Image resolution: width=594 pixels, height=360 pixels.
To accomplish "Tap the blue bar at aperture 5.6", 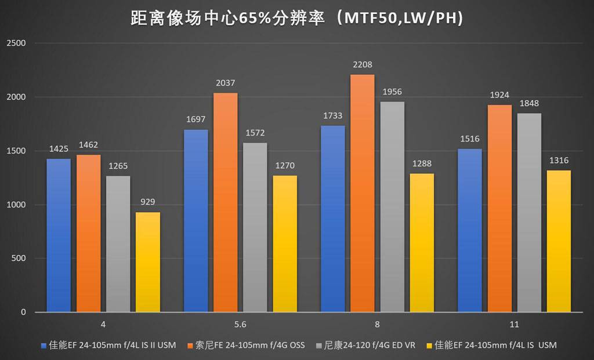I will tap(195, 220).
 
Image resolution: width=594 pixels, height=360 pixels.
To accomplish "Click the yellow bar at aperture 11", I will tap(559, 241).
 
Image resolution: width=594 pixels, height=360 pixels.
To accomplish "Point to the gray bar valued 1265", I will tap(118, 244).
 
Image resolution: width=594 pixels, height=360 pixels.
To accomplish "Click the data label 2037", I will tap(226, 83).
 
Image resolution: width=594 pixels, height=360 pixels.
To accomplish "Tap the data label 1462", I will tap(88, 145).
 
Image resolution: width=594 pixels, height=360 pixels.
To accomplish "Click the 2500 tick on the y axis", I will tap(16, 43).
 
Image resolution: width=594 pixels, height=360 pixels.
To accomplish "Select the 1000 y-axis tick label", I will tap(16, 205).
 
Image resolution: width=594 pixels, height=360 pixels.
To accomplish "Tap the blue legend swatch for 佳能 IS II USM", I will tap(44, 346).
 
